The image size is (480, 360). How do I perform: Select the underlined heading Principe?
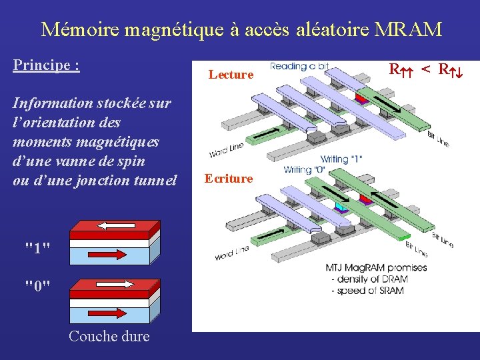[46, 66]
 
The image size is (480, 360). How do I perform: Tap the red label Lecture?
[231, 75]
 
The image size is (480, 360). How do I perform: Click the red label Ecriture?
[229, 179]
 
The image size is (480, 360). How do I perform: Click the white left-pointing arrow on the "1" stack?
[112, 225]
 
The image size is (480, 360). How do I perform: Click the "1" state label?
[37, 248]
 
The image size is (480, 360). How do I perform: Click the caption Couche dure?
[109, 337]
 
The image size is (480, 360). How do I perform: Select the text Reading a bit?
[299, 66]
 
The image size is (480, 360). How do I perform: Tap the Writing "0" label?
[306, 169]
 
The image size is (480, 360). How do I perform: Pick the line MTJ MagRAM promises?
[376, 267]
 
